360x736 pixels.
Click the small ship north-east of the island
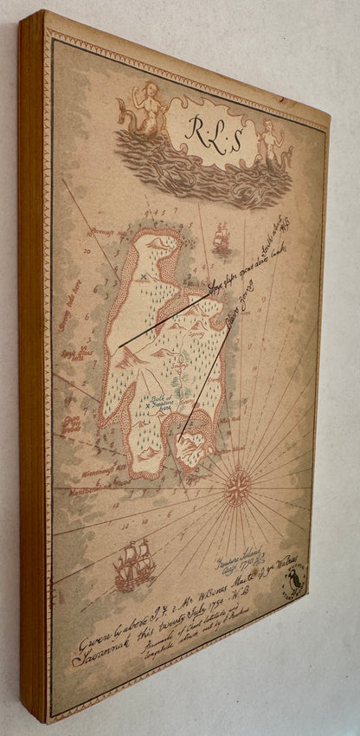point(222,237)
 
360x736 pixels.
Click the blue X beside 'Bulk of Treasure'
point(148,405)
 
